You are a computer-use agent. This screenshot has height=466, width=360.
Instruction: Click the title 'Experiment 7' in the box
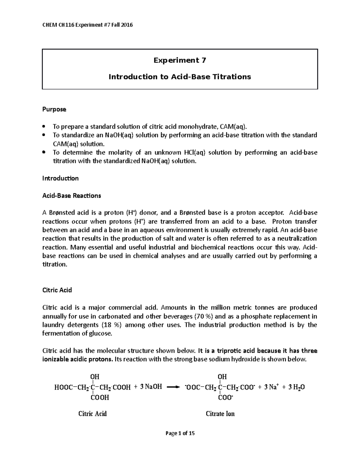coord(180,60)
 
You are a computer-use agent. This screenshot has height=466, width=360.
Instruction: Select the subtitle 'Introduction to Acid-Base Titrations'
coord(180,77)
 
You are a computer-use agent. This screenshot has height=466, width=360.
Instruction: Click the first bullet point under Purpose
coord(44,126)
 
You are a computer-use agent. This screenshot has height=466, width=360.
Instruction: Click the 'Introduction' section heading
coord(60,178)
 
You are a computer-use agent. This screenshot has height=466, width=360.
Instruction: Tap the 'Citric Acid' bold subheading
coord(57,290)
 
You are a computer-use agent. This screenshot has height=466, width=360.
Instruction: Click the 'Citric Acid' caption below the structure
coord(92,413)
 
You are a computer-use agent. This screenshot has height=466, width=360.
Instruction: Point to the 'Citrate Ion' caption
coord(220,413)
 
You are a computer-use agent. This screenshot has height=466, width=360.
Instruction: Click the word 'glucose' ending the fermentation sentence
coord(102,333)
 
